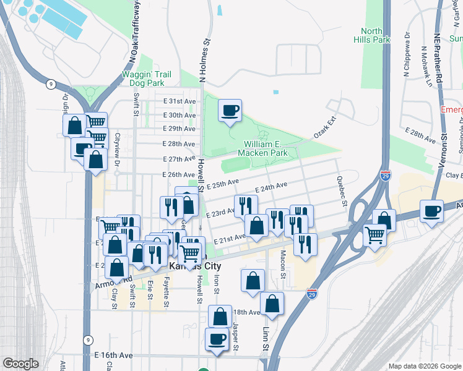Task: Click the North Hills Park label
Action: (x=376, y=35)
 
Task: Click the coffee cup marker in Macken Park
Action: (x=230, y=111)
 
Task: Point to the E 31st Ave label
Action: (x=180, y=101)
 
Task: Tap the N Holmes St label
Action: (x=202, y=61)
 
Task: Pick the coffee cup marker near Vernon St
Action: (x=431, y=211)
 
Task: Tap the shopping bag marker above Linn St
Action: (x=272, y=304)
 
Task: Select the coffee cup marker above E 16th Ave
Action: (x=217, y=338)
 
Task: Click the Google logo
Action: (x=20, y=364)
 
